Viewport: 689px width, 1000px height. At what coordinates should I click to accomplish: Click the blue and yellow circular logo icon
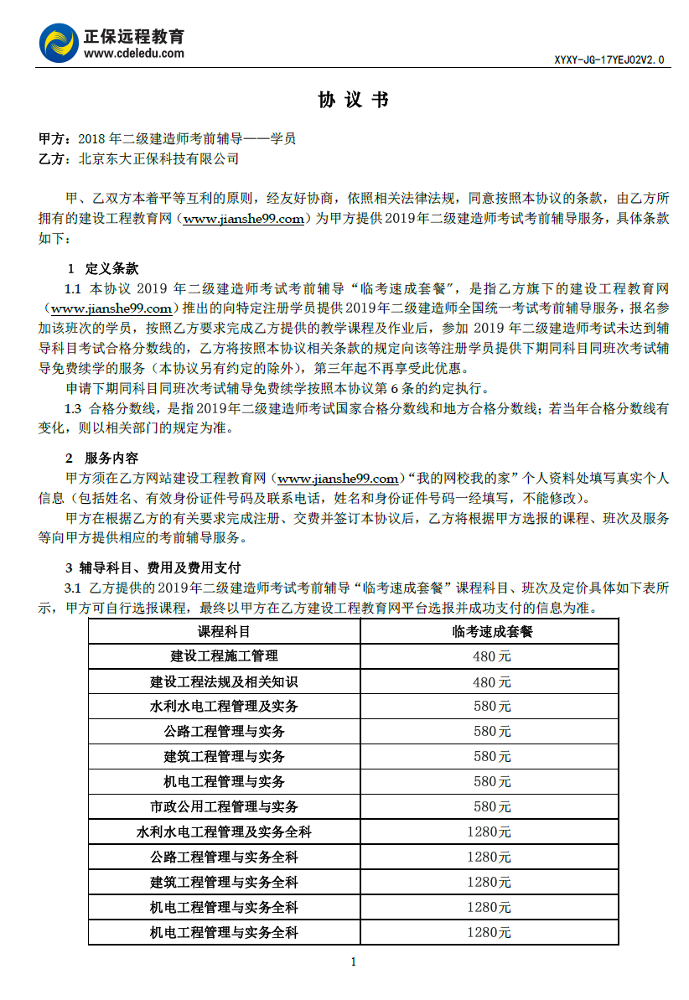[x=59, y=44]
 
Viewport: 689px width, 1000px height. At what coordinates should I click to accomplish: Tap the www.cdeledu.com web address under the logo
[x=134, y=53]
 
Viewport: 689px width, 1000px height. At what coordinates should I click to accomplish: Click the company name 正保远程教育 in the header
[x=134, y=36]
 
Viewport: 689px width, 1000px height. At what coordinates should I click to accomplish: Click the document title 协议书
[x=353, y=101]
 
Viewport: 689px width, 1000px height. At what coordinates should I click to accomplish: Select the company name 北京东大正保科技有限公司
[x=158, y=158]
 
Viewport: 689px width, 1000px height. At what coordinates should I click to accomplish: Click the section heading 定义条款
[x=111, y=269]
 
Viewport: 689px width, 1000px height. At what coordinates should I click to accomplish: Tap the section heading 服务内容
[x=111, y=459]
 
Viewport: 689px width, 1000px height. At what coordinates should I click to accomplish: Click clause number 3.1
[x=73, y=588]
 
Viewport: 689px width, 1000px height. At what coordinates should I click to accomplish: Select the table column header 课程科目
[x=224, y=631]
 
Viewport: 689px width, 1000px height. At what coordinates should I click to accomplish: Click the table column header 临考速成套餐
[x=491, y=631]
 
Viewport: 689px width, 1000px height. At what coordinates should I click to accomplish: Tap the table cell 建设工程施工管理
[x=224, y=656]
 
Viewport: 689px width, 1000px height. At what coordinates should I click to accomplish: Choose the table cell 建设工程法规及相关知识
[x=224, y=681]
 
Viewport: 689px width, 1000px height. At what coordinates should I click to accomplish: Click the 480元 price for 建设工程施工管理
[x=491, y=656]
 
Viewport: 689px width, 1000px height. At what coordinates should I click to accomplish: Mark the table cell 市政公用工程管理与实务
[x=224, y=807]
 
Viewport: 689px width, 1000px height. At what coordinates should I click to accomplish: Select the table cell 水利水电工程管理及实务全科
[x=224, y=832]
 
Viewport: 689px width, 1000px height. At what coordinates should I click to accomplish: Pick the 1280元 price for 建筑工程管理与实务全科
[x=490, y=883]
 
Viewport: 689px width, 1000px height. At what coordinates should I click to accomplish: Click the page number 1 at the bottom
[x=353, y=961]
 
